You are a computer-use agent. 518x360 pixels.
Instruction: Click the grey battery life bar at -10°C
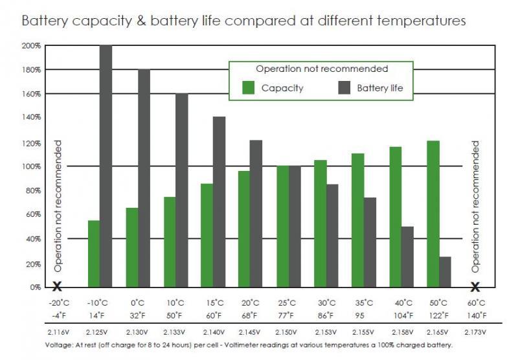click(x=106, y=166)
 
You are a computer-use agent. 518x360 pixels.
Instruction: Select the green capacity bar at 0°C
click(x=131, y=247)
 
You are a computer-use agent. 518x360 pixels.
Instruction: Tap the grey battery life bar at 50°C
click(x=445, y=272)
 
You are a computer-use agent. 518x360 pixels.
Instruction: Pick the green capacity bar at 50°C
click(x=433, y=214)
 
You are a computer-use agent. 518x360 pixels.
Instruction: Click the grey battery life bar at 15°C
click(x=219, y=201)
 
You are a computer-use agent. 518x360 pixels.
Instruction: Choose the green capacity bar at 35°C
click(x=357, y=220)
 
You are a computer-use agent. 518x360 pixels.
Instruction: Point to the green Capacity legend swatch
click(x=248, y=88)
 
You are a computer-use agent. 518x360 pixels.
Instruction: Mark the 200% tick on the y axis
click(x=32, y=45)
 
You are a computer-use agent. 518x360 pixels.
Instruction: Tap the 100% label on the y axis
click(x=32, y=166)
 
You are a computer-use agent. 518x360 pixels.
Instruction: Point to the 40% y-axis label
click(x=33, y=239)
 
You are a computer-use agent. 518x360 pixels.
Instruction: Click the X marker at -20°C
click(x=57, y=287)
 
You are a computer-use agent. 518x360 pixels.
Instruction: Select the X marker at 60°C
click(x=475, y=287)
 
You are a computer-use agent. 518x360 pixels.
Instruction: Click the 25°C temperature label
click(x=287, y=302)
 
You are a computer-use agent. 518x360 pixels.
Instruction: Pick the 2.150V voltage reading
click(x=287, y=332)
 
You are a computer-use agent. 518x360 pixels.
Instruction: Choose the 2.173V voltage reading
click(x=475, y=332)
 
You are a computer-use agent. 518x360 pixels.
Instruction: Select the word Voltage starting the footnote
click(x=58, y=345)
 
